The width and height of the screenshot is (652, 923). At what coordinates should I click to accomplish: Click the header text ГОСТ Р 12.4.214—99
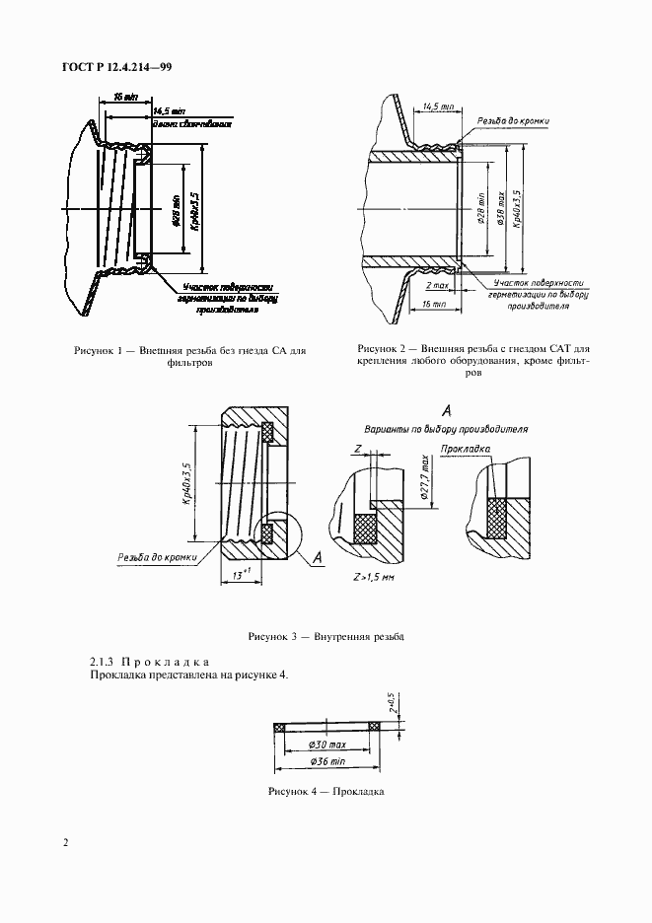tap(116, 67)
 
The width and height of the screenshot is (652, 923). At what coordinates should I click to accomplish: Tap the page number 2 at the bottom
tap(66, 842)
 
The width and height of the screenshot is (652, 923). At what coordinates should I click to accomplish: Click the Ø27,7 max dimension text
tap(422, 476)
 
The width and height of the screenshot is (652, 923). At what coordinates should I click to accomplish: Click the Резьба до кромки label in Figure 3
tap(157, 557)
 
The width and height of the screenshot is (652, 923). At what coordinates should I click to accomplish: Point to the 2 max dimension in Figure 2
tap(437, 285)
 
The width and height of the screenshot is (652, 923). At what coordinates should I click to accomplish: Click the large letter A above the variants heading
tap(446, 410)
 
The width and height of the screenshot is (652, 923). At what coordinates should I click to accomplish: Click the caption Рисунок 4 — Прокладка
tap(325, 792)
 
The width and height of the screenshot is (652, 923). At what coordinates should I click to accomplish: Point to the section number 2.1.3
tap(105, 660)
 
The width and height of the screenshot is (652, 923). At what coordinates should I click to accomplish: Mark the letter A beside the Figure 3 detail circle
tap(319, 558)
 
